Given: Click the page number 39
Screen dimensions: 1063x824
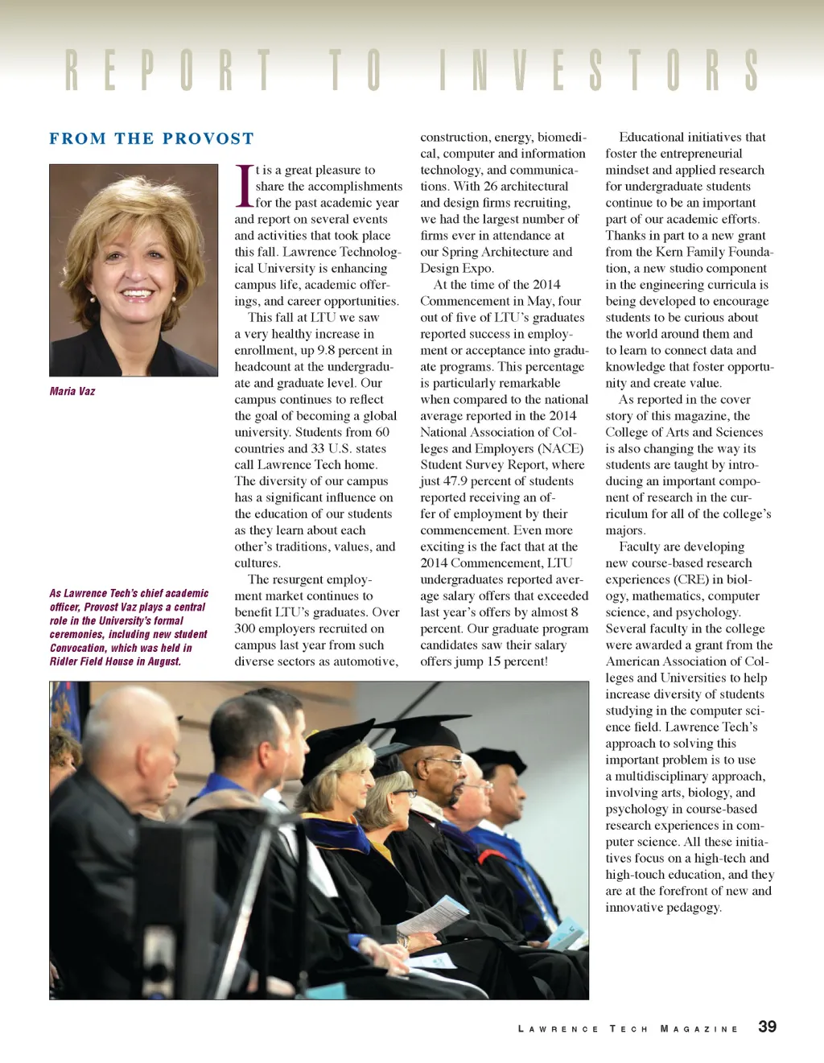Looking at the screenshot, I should point(767,1026).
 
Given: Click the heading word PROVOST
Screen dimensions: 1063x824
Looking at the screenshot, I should point(208,138).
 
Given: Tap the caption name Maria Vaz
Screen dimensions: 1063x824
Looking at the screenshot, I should point(72,391).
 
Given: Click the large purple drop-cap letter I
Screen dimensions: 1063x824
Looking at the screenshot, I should point(244,186).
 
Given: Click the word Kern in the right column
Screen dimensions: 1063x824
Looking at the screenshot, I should point(669,252).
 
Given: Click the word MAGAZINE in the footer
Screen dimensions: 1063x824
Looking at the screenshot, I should point(698,1028).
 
